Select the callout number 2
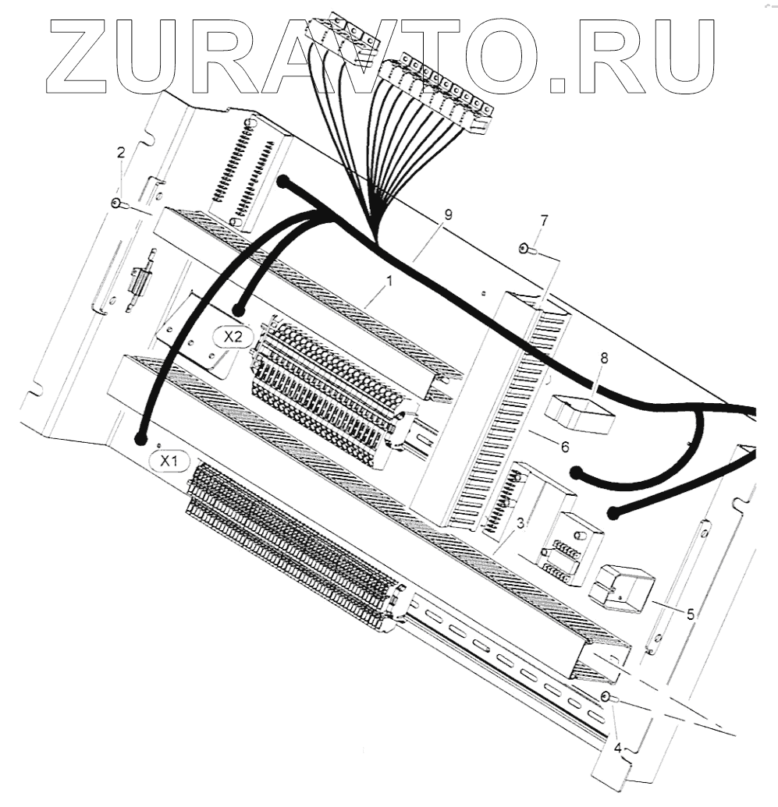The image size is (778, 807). (x=120, y=153)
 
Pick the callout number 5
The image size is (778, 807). (x=691, y=614)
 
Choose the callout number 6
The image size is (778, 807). (x=564, y=447)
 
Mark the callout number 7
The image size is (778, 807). (x=544, y=221)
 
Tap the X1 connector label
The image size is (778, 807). (x=169, y=462)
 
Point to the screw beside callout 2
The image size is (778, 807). (x=116, y=204)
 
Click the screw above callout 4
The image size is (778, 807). (x=606, y=696)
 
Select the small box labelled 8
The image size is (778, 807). (x=581, y=412)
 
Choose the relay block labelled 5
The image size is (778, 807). (x=622, y=587)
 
